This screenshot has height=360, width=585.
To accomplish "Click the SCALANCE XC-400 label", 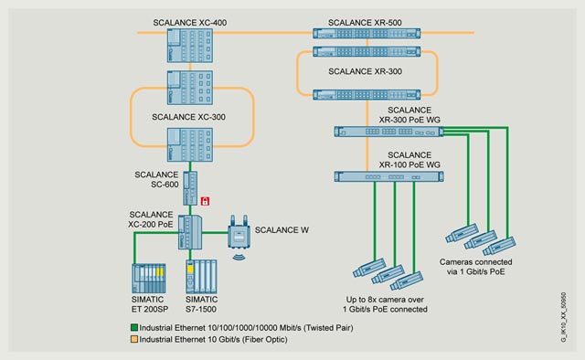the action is coord(189,23).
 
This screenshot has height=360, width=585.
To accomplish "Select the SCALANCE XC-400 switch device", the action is coord(190,46).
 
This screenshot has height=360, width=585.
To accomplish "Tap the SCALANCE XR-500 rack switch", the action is coord(367,33).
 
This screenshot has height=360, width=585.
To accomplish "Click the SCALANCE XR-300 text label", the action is coord(365,71).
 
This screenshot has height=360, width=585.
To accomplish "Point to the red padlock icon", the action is coord(205,201).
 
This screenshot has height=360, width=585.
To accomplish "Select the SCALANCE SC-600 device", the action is coord(190,188).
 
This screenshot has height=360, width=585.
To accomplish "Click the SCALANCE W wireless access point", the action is coord(239,232).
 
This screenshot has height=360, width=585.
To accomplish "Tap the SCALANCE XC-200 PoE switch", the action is coord(190,232).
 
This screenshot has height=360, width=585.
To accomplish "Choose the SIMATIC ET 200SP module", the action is coord(148,279).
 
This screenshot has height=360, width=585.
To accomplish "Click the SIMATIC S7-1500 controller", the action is coord(201,277).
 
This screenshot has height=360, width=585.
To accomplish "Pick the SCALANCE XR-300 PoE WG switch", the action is coord(388,132).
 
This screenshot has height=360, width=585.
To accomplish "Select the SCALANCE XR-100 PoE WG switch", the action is coord(388,176).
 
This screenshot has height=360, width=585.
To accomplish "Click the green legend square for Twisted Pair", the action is coord(134,327).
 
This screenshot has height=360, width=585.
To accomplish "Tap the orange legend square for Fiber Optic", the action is coord(134,339).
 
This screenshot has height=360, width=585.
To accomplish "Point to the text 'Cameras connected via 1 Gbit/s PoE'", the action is coord(475,267).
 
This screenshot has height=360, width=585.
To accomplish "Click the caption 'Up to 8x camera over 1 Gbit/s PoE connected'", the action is coord(385,304).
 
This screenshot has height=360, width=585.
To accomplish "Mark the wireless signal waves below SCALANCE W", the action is coord(239,257).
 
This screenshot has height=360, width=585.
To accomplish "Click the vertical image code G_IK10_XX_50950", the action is coord(563,317).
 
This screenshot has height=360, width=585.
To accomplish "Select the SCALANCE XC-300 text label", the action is coord(188,117).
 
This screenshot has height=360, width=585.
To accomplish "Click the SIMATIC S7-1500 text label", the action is coord(201,304).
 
